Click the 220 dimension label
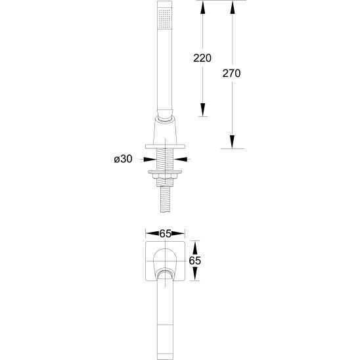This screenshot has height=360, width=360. click(202, 58)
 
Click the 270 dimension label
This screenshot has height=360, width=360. click(231, 74)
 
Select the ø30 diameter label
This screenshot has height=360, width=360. click(123, 159)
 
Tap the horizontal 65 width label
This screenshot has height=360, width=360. click(166, 234)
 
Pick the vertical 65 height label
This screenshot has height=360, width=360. click(194, 261)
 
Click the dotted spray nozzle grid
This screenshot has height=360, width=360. click(165, 19)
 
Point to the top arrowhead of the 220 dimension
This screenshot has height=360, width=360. click(202, 8)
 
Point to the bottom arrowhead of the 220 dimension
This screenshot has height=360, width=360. click(202, 110)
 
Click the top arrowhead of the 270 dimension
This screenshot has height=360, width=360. click(233, 8)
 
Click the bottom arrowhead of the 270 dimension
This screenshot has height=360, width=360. click(233, 142)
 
